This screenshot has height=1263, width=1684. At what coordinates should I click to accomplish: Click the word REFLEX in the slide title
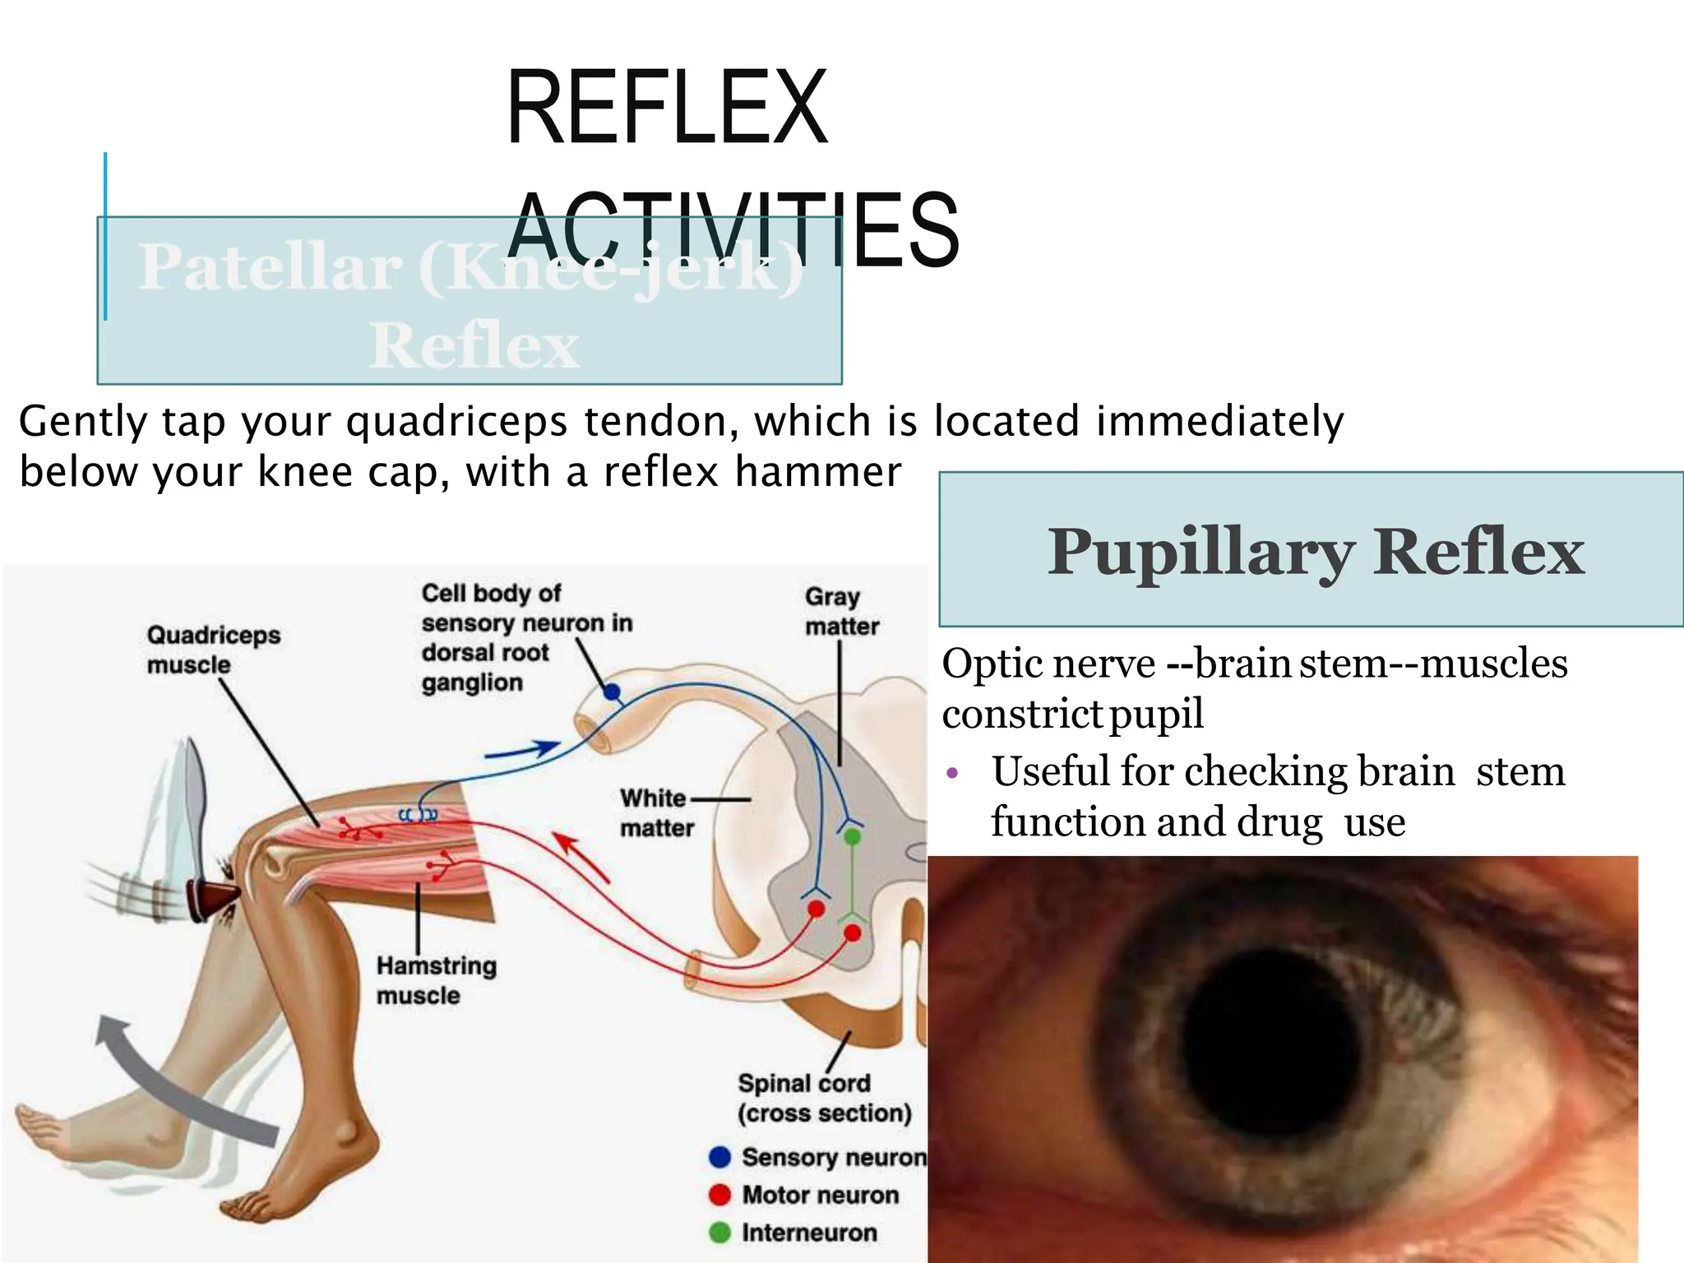click(x=667, y=109)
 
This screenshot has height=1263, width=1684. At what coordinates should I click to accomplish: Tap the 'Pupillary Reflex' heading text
click(x=1315, y=552)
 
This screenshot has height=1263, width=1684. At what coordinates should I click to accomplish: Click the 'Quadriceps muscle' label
click(x=213, y=650)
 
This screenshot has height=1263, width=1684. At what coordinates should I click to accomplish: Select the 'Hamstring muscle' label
click(x=436, y=979)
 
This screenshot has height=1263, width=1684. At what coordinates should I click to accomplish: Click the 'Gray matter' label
click(x=841, y=611)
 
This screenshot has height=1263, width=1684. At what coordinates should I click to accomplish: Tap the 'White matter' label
click(x=656, y=812)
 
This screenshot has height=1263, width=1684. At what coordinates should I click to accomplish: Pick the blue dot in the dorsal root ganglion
click(x=612, y=692)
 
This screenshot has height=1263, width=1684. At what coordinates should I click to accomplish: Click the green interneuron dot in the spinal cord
click(x=853, y=836)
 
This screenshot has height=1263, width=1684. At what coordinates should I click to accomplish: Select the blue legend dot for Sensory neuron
click(x=719, y=1157)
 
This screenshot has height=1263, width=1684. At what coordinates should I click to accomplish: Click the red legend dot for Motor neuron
click(x=719, y=1195)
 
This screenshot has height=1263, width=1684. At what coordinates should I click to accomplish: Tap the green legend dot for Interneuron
click(x=719, y=1233)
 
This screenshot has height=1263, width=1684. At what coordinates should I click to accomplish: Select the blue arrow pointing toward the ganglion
click(x=521, y=751)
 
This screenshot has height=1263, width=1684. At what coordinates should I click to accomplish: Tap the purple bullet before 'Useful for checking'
click(x=953, y=773)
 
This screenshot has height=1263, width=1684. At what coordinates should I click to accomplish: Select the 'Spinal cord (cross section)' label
click(x=824, y=1098)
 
